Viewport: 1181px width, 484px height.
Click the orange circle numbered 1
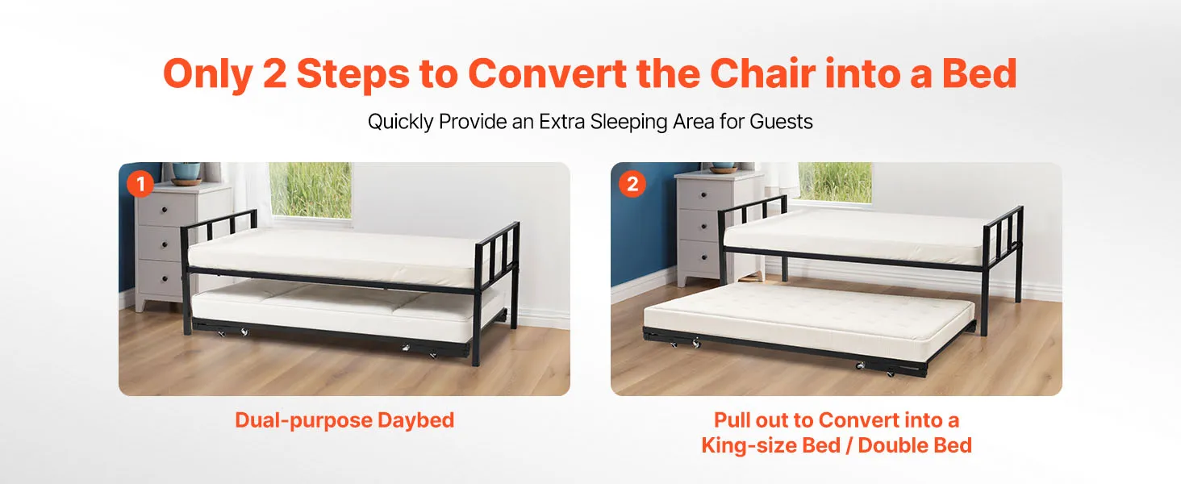tap(140, 184)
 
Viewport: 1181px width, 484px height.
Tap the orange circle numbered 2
tap(632, 184)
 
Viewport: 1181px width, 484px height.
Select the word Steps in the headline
tap(353, 74)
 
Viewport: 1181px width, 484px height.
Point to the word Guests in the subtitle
tap(781, 122)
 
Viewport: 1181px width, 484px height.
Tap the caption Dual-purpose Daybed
tap(344, 420)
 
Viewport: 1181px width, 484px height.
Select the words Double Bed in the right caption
tap(914, 445)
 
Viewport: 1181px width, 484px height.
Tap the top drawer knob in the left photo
tap(165, 211)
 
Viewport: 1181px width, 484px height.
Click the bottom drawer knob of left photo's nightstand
tap(165, 277)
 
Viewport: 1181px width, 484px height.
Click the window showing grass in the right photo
tap(835, 181)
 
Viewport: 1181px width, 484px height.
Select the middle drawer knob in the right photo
tap(703, 226)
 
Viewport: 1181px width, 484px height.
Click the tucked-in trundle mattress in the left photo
tap(343, 312)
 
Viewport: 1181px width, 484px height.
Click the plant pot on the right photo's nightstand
tap(723, 168)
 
